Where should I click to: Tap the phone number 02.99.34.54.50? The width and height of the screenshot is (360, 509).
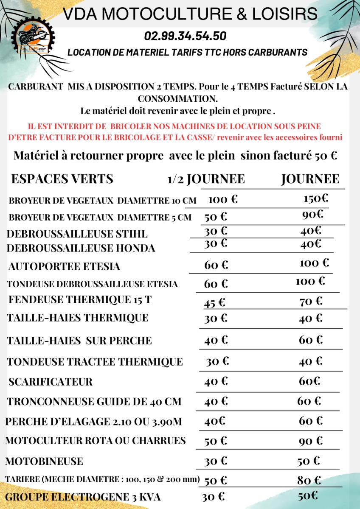(x=185, y=36)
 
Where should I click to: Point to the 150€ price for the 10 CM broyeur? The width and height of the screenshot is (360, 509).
(x=316, y=198)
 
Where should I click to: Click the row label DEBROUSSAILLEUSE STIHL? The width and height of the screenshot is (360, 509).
(x=77, y=234)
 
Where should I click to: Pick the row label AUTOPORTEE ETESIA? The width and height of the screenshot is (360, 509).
(x=64, y=267)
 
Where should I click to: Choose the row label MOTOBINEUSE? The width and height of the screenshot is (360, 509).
(x=45, y=461)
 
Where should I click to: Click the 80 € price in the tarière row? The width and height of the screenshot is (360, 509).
(x=309, y=481)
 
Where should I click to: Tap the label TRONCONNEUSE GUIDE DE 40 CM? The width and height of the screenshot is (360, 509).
(x=94, y=401)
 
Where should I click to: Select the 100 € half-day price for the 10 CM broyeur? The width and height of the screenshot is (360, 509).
(x=223, y=199)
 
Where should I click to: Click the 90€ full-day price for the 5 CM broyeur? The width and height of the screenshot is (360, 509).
(x=313, y=215)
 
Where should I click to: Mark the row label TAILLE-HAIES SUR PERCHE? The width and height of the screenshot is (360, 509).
(x=79, y=341)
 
